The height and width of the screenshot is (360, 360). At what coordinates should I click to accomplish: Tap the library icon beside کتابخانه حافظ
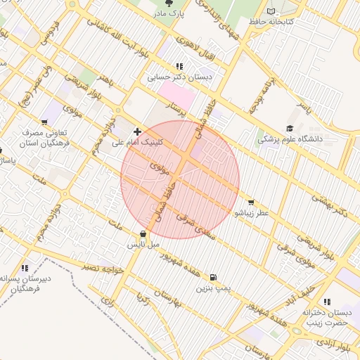[273, 12]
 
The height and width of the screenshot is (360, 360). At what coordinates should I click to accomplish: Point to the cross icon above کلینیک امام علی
[137, 131]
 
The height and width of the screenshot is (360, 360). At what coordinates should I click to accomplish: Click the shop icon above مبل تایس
[143, 233]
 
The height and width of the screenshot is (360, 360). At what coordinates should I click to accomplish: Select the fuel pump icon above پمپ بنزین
[213, 277]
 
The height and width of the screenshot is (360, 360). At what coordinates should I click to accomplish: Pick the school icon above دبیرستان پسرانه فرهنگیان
[25, 268]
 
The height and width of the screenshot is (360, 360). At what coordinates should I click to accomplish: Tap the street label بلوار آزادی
[332, 345]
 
